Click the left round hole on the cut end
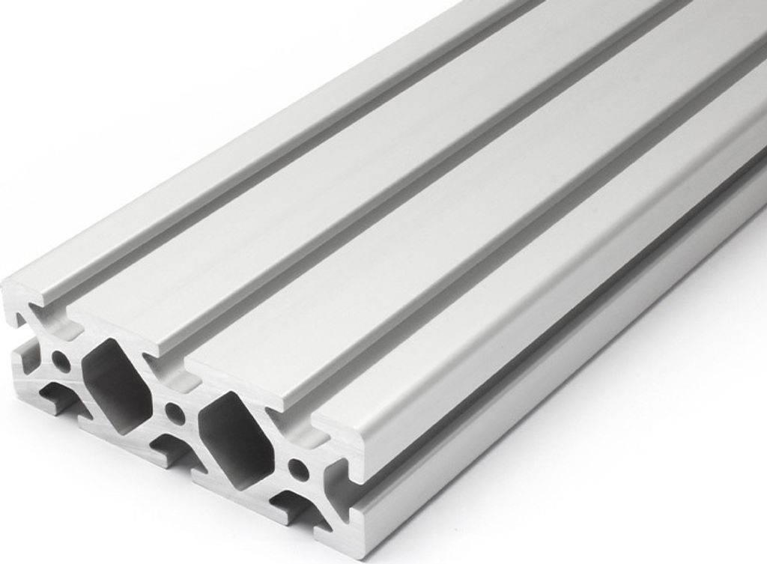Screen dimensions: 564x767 tap(62, 366)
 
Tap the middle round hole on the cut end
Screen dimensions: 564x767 tap(175, 411)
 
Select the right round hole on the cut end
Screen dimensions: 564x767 tap(300, 470)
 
